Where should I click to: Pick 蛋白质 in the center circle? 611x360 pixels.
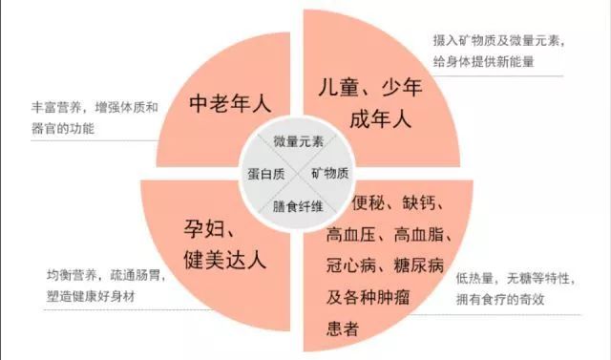266,172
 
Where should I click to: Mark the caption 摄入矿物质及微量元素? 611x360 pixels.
498,41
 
